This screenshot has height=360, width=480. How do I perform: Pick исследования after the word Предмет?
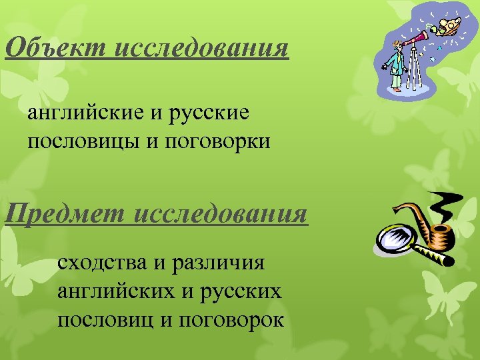[221, 215]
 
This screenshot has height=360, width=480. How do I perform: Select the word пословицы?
[82, 141]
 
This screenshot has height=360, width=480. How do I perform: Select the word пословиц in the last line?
[107, 320]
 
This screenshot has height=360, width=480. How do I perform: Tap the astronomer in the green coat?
[398, 67]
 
